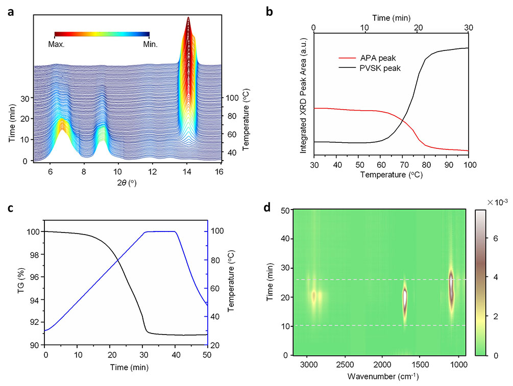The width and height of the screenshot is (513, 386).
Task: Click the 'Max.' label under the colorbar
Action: tap(56, 44)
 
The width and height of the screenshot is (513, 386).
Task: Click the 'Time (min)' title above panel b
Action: tap(391, 17)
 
